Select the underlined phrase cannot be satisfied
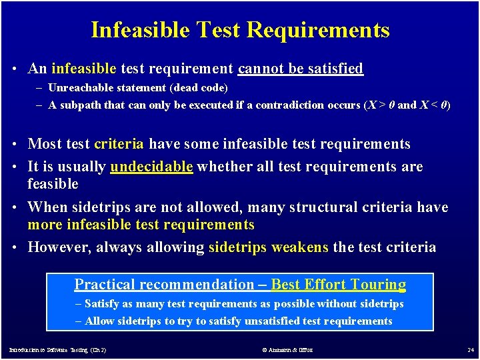301,69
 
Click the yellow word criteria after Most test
119,144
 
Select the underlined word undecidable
151,167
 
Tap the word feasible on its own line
53,184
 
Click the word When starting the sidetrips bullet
48,207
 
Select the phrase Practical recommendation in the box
164,285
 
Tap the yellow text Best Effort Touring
338,285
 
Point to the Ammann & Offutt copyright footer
287,350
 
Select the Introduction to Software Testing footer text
57,350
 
